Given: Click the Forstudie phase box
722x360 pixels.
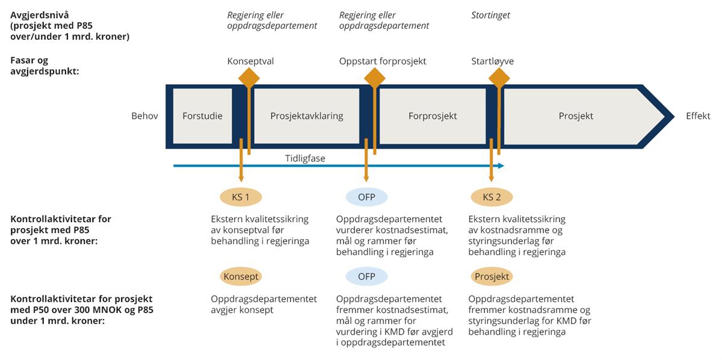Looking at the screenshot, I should point(202,116).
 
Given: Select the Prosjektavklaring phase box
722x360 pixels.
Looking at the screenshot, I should point(306,116).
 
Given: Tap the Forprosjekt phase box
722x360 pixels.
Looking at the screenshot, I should point(432,116).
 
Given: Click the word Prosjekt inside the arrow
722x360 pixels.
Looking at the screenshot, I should point(575,116).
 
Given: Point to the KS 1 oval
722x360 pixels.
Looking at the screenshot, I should point(241,197).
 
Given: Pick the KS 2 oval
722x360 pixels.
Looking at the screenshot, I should point(492,197).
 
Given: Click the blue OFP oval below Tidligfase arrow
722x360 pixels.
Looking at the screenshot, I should point(366,197).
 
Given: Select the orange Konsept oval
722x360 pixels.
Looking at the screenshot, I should point(241,276).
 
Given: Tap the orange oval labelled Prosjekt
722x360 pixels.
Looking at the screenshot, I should point(492,276).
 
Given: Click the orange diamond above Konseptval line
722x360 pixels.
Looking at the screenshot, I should point(249,78).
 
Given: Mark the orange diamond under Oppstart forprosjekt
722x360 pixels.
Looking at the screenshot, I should point(374,78).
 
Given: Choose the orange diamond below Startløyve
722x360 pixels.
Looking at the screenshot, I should point(499,78).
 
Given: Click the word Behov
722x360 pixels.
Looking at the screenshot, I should point(144,116).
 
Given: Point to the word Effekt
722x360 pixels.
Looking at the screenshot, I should point(698,116).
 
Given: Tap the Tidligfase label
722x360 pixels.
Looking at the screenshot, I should point(306,158).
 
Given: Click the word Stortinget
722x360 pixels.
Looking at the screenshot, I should point(490,15).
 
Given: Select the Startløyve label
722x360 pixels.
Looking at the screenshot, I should point(492,61).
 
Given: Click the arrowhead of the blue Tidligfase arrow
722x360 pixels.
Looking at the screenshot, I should point(501,166).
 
